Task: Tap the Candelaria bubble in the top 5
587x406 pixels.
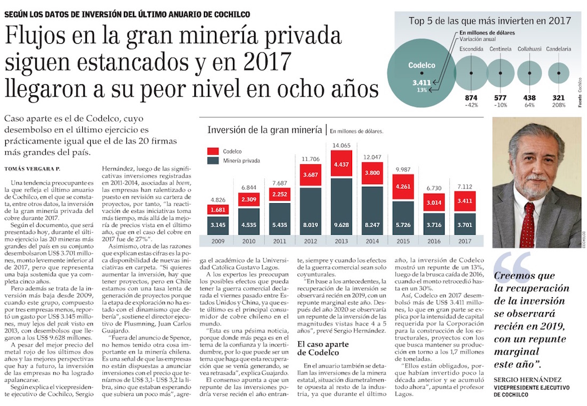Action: [558, 73]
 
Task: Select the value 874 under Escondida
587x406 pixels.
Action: [471, 98]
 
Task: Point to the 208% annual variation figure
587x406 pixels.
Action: [558, 105]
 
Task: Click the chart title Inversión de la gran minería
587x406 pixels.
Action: [264, 130]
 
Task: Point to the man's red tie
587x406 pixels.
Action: [528, 224]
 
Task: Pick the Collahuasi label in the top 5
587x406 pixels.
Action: [529, 49]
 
